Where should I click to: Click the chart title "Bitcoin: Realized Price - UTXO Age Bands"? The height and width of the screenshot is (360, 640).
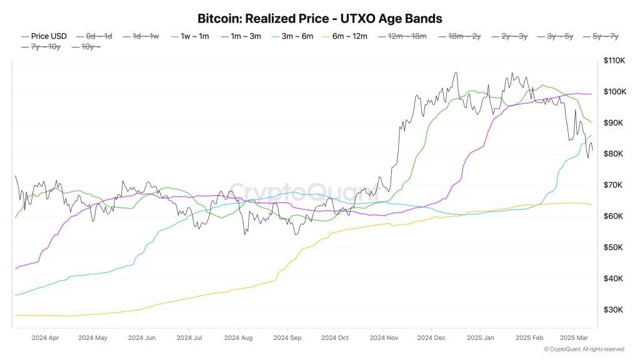pyautogui.click(x=319, y=19)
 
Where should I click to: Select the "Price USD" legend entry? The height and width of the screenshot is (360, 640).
pyautogui.click(x=44, y=36)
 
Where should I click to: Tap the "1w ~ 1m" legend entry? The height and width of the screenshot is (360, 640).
pyautogui.click(x=190, y=36)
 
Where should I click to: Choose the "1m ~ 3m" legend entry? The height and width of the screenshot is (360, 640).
pyautogui.click(x=241, y=36)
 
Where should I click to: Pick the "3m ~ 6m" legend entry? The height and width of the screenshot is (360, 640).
pyautogui.click(x=292, y=36)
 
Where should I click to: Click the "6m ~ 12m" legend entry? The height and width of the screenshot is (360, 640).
pyautogui.click(x=345, y=36)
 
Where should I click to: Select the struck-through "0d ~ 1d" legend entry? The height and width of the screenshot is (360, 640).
pyautogui.click(x=94, y=36)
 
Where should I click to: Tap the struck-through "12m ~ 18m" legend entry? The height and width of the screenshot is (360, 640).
pyautogui.click(x=402, y=36)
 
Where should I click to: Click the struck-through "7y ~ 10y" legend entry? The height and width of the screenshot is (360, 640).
pyautogui.click(x=41, y=47)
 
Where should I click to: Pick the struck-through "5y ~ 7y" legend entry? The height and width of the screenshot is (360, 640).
pyautogui.click(x=601, y=36)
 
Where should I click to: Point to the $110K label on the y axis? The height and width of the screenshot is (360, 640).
pyautogui.click(x=614, y=61)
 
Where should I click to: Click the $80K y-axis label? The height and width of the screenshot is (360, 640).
pyautogui.click(x=614, y=154)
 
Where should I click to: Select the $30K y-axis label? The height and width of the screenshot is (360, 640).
pyautogui.click(x=614, y=310)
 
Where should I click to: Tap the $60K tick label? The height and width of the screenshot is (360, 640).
pyautogui.click(x=614, y=216)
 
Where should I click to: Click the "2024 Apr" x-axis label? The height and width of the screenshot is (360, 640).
pyautogui.click(x=45, y=338)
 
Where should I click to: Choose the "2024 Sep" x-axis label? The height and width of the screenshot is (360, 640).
pyautogui.click(x=287, y=338)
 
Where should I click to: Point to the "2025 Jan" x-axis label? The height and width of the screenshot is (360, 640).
pyautogui.click(x=481, y=338)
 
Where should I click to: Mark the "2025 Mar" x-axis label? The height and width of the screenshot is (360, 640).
pyautogui.click(x=574, y=338)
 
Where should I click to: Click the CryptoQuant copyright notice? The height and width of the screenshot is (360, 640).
pyautogui.click(x=584, y=349)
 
